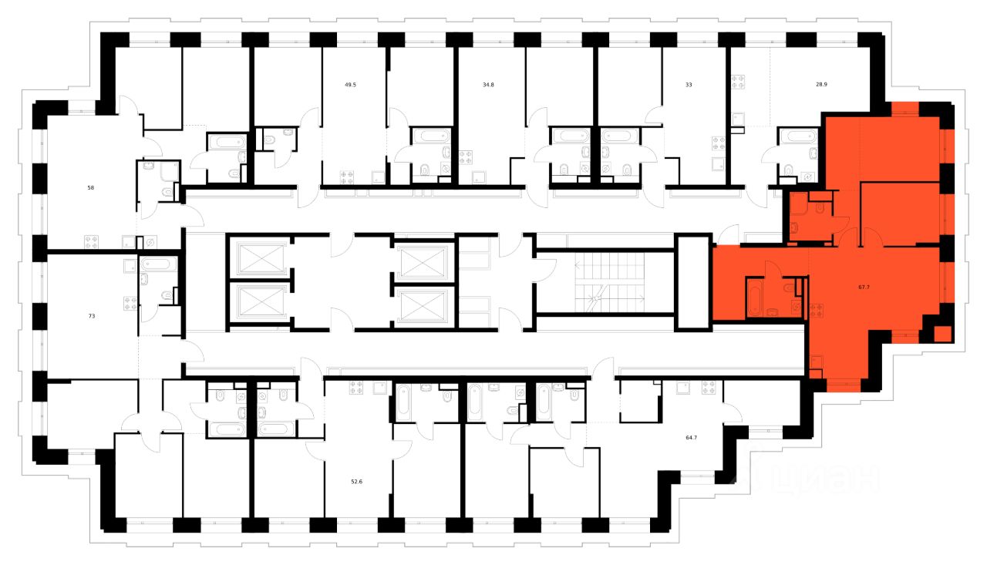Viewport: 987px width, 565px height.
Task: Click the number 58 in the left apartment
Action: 91,187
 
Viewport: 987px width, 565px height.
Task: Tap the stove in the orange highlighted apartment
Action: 817,311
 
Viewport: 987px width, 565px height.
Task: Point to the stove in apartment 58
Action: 92,241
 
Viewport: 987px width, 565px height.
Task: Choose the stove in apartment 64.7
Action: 709,388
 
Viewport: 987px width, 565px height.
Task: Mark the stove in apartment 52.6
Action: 356,388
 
